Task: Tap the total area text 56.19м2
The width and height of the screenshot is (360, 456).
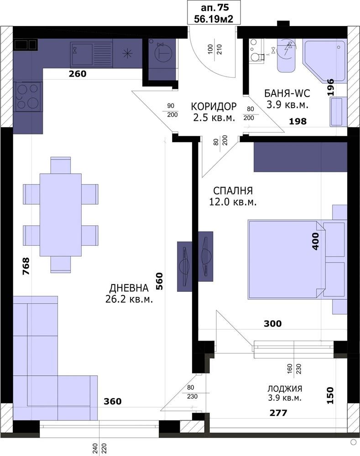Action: click(214, 19)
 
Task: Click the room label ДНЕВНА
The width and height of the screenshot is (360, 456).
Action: click(129, 288)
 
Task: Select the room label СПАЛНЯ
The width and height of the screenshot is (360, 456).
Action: click(233, 191)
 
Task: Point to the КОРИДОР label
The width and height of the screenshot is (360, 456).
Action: click(214, 106)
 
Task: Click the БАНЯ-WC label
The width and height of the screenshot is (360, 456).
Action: click(287, 93)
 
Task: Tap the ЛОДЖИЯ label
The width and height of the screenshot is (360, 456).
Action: click(285, 389)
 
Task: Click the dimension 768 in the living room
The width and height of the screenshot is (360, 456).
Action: click(26, 266)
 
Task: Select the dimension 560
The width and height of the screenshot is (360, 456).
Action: click(159, 281)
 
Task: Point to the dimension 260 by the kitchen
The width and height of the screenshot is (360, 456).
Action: click(78, 74)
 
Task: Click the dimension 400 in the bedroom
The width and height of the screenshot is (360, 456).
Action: click(315, 241)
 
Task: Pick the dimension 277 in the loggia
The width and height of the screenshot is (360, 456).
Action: click(278, 413)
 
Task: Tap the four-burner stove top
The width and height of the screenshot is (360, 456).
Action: click(28, 97)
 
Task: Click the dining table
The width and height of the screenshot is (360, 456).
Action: click(61, 215)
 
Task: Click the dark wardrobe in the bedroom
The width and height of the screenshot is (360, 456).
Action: click(300, 157)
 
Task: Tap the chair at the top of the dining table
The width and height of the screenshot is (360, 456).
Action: click(61, 165)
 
